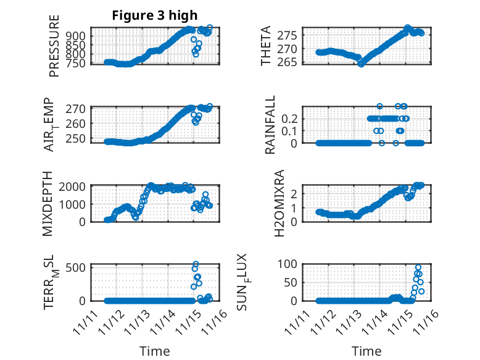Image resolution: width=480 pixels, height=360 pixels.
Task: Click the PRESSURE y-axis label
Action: pyautogui.click(x=54, y=46)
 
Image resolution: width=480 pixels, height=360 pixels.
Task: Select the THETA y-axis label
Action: pyautogui.click(x=266, y=46)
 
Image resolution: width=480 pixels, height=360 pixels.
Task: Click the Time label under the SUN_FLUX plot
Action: pyautogui.click(x=366, y=351)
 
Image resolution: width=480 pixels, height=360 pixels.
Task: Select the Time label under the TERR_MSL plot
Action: pyautogui.click(x=154, y=351)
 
